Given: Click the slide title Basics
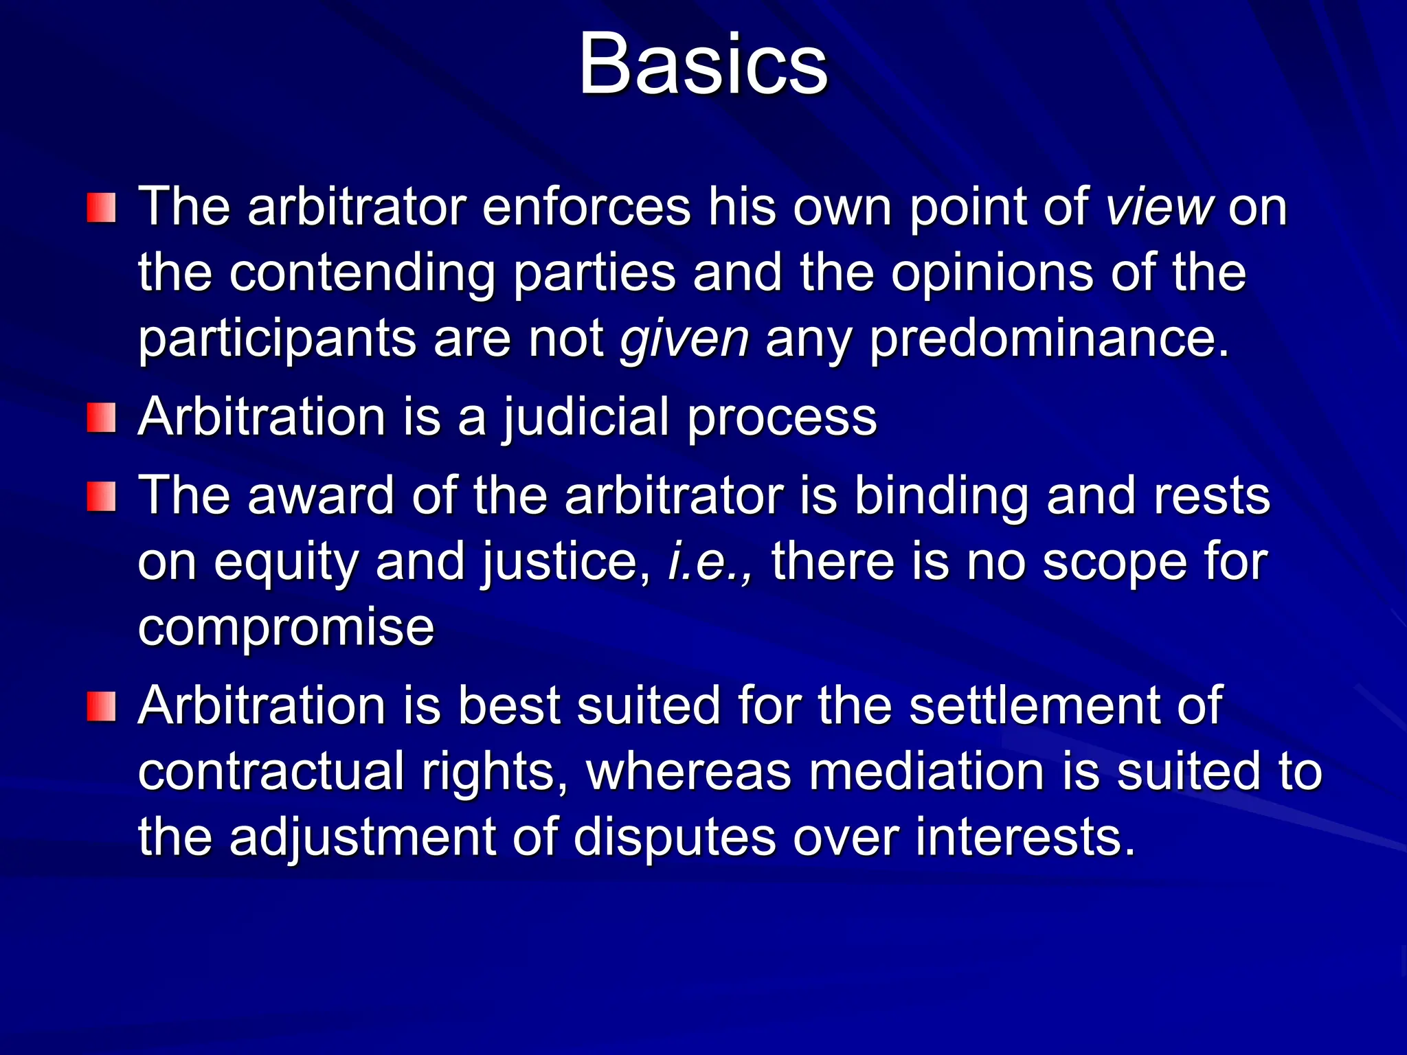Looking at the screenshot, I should (x=703, y=65).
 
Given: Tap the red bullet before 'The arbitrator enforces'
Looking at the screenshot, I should (x=101, y=207).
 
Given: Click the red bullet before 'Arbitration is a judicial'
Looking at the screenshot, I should (x=101, y=418).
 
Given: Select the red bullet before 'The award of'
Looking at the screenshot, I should (x=101, y=497).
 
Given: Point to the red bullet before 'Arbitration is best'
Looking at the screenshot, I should (x=101, y=707).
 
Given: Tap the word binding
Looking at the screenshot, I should (x=941, y=497).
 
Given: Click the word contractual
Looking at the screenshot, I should (x=271, y=771).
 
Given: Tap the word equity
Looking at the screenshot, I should (x=286, y=562).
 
